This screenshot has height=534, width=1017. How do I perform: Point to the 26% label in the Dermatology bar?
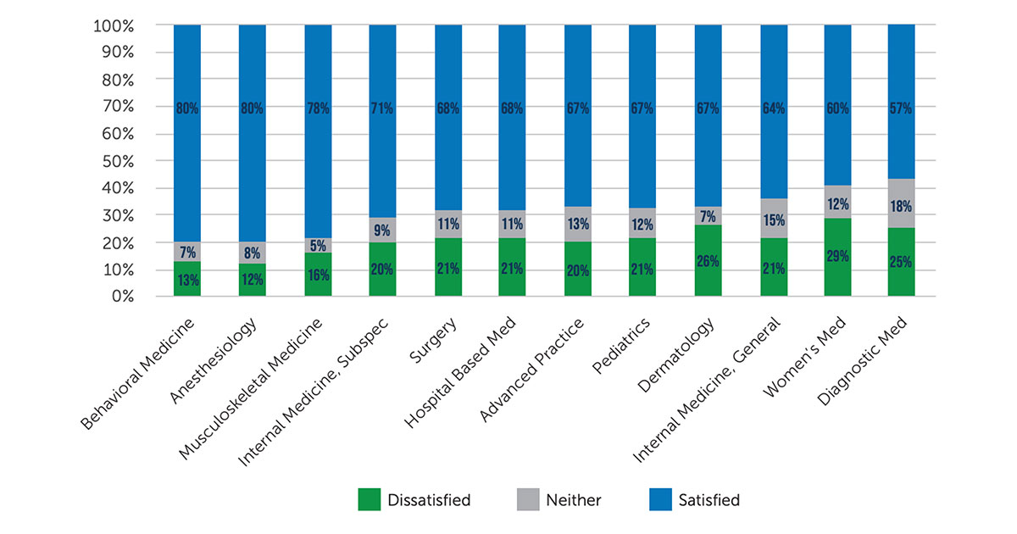[708, 262]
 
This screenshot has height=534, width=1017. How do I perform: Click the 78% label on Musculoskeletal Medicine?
[318, 108]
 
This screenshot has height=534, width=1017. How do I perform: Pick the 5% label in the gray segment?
[318, 247]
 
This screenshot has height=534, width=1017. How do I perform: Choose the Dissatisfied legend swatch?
[370, 500]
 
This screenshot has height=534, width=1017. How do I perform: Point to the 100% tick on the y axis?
[113, 25]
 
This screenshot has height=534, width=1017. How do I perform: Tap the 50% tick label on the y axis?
[116, 161]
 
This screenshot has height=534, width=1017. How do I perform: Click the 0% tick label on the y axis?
[121, 297]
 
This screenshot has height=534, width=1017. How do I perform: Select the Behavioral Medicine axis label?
[140, 373]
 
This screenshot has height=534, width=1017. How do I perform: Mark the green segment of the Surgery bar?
[448, 267]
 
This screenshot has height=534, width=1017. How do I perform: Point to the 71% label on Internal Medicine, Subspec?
[383, 108]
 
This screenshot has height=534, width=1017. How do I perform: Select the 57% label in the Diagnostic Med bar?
[902, 108]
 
